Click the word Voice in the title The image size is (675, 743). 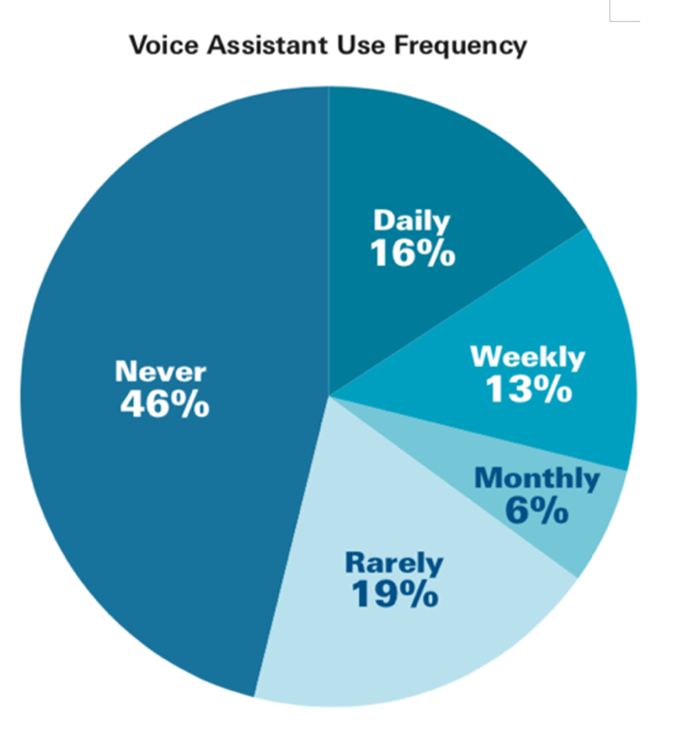click(x=164, y=45)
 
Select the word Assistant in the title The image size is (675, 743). click(x=267, y=45)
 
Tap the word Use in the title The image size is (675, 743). click(x=361, y=45)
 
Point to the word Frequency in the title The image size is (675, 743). click(x=460, y=46)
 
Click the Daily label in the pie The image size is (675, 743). click(x=412, y=222)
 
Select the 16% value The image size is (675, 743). click(x=413, y=253)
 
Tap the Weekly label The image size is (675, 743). click(x=527, y=358)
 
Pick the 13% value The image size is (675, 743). click(x=528, y=389)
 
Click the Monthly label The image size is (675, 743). click(x=537, y=479)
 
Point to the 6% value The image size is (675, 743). click(x=536, y=511)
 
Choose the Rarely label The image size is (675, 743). click(x=394, y=564)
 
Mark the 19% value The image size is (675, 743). click(x=394, y=595)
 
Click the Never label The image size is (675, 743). click(x=161, y=372)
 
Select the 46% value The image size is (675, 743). click(x=165, y=404)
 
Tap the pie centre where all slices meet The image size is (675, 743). click(x=329, y=396)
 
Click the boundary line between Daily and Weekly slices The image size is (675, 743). click(x=458, y=312)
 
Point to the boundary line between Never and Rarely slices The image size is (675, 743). click(x=291, y=546)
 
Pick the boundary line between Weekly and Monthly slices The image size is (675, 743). click(x=478, y=433)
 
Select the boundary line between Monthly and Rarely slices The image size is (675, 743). click(x=453, y=487)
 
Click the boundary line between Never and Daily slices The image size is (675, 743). click(x=329, y=241)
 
